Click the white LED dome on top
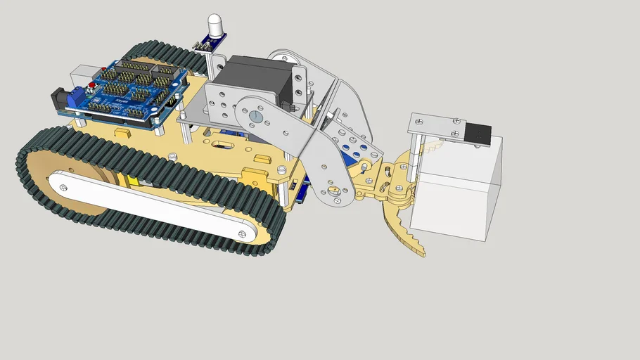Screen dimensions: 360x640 point(215,24)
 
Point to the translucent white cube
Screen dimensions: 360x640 point(457,190)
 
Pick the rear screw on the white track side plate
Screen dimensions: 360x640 point(64,187)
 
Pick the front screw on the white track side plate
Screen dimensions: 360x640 point(241,234)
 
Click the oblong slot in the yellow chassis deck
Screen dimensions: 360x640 point(226,146)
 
